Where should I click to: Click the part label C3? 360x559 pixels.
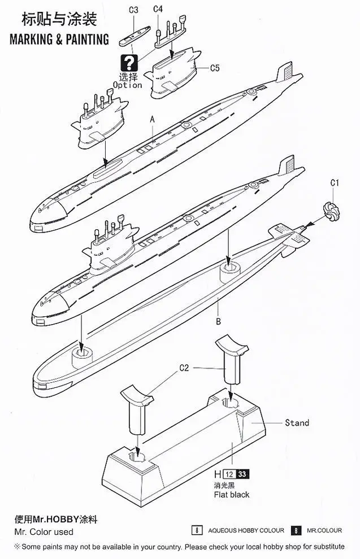(x=133, y=10)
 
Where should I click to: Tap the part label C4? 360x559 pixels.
(x=158, y=9)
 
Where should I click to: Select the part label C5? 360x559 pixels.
(x=214, y=68)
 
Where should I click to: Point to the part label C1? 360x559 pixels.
(x=335, y=183)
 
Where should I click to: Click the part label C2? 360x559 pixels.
(x=184, y=368)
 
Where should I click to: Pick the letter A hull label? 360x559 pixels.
(x=152, y=120)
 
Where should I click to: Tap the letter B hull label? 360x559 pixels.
(x=218, y=322)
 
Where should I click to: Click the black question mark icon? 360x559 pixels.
(x=129, y=62)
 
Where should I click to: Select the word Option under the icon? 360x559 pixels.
(x=127, y=85)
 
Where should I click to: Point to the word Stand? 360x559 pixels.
(x=297, y=422)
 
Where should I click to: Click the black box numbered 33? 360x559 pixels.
(x=242, y=474)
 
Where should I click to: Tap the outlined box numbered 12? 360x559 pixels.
(x=229, y=474)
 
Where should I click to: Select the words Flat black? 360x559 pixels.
(x=232, y=495)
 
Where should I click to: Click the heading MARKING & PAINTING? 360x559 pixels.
(x=59, y=39)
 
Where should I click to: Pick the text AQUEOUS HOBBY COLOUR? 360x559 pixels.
(x=246, y=530)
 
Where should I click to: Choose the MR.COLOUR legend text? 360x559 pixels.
(x=324, y=530)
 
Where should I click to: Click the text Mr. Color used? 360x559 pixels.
(x=44, y=532)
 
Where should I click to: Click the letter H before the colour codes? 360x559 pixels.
(x=218, y=474)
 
